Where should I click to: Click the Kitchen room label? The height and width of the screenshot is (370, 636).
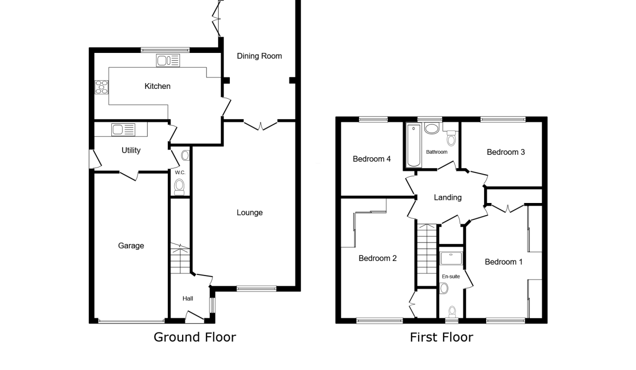(157, 86)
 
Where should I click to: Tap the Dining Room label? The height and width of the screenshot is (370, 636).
(259, 56)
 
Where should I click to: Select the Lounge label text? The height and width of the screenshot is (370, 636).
(250, 212)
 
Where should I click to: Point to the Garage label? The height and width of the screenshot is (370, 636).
(131, 246)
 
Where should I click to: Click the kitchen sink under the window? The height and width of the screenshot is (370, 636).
(168, 61)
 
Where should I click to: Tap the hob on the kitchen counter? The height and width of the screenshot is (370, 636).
(102, 87)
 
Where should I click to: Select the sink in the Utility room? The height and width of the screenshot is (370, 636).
(123, 129)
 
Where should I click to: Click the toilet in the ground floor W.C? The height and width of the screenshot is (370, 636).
(179, 187)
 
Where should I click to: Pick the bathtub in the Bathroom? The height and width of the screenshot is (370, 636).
(413, 145)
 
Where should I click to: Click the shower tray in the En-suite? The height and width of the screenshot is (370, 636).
(451, 258)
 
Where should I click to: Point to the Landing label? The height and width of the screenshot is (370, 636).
(447, 197)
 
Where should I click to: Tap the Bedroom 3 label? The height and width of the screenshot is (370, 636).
(506, 152)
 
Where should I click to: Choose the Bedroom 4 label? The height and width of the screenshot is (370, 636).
(372, 159)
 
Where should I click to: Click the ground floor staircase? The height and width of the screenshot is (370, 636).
(180, 258)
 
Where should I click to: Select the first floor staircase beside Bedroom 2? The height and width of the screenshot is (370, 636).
(426, 254)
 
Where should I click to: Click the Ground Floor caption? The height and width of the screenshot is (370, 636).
(195, 337)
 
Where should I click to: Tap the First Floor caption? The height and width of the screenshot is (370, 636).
(442, 337)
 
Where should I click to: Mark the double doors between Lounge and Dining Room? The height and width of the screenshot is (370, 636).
(261, 125)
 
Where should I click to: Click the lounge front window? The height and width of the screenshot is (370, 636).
(256, 289)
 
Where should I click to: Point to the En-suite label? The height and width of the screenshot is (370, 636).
(451, 276)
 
